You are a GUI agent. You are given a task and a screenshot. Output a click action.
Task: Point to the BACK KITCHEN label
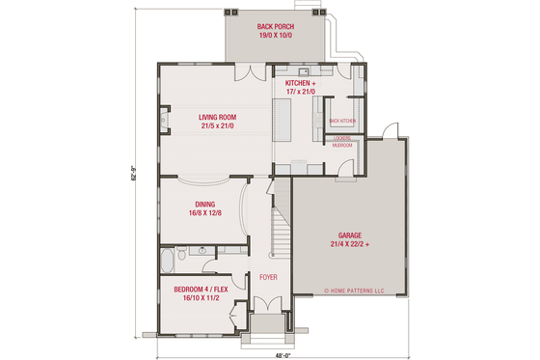(342, 121)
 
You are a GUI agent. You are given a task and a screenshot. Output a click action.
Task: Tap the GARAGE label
(351, 235)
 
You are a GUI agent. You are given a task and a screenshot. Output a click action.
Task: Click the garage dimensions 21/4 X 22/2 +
(351, 244)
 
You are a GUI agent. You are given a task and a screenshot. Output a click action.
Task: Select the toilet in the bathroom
(183, 253)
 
